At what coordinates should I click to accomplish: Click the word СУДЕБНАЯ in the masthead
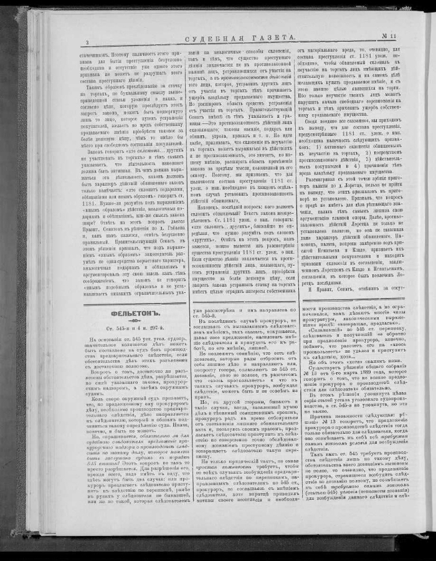click(214, 40)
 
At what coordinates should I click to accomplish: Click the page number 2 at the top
click(87, 42)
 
